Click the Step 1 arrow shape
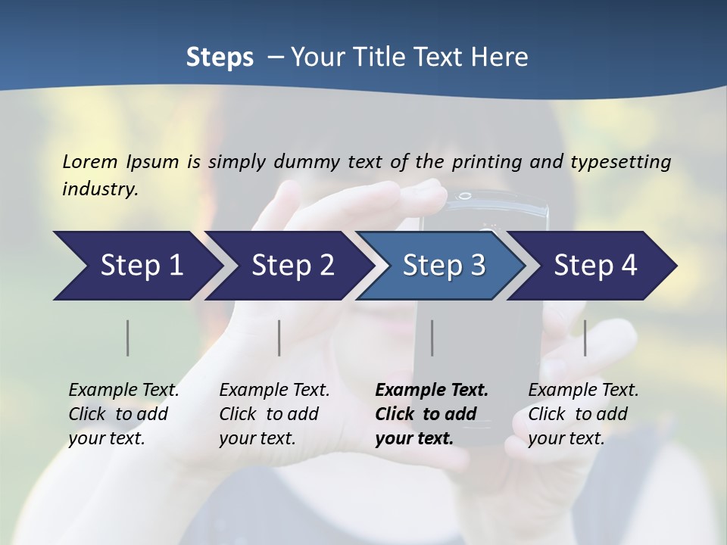pos(136,266)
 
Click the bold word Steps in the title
pos(220,58)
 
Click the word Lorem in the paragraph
pos(90,161)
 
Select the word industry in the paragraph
pos(99,188)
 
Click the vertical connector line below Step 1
pos(128,338)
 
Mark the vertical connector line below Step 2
pos(279,338)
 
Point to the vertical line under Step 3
pos(432,338)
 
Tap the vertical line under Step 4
pos(585,338)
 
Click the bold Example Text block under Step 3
pos(431,414)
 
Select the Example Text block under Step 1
pos(123,414)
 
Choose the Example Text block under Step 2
pos(274,414)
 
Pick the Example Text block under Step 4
pos(583,414)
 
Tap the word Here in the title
pos(503,58)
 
